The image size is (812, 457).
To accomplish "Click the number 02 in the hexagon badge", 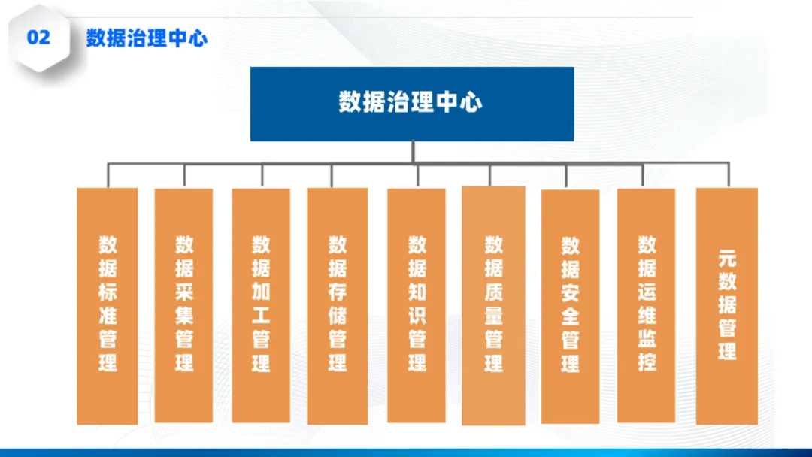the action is [38, 37].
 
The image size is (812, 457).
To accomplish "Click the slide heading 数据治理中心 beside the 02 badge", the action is [147, 38].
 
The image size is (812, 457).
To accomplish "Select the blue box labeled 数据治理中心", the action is [412, 103].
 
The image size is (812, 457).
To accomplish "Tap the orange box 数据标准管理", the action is [108, 304].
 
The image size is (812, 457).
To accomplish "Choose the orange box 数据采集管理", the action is [184, 304].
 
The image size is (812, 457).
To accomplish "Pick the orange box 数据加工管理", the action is [261, 304].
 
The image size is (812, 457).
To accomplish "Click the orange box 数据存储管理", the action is [338, 304].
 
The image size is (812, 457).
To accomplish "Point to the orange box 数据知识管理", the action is [417, 304].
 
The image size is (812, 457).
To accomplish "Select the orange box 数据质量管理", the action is [493, 304].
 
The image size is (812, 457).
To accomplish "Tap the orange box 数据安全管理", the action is [571, 304].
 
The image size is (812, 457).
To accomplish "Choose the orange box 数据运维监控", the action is [647, 304].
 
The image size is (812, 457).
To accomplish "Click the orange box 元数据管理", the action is [726, 304].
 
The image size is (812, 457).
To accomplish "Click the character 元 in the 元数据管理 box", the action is [726, 259].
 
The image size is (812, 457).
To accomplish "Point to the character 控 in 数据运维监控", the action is [647, 362].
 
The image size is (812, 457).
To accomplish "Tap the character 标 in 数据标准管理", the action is [108, 292].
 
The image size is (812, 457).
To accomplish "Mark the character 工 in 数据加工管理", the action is [261, 316].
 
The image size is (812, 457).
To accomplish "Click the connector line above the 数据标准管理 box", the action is [108, 175].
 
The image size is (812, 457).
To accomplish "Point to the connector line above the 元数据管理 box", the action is [727, 175].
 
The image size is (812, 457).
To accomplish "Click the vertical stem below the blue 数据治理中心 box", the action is [413, 151].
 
